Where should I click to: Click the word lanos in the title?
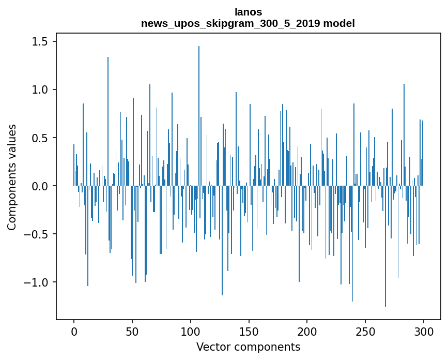pos(248,12)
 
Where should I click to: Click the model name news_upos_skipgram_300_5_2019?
pos(230,23)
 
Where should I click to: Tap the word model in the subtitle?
pos(339,23)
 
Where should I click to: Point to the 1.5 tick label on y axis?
pos(40,42)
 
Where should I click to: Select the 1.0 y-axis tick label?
pos(40,90)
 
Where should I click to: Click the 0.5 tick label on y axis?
pos(40,138)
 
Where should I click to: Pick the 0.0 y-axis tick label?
pos(40,186)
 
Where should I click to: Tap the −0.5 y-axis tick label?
pos(36,234)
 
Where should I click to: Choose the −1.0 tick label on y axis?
pos(36,282)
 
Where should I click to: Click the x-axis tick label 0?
pos(74,332)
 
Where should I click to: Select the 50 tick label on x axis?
pos(132,332)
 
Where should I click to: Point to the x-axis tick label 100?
pos(191,332)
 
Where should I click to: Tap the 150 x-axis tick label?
pos(249,332)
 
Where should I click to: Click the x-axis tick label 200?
pos(307,332)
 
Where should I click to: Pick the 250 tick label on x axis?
pos(365,332)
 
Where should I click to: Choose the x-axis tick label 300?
pos(424,332)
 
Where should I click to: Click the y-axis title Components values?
pos(12,177)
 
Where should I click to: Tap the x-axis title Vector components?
pos(248,347)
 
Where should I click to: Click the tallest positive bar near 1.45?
pos(199,116)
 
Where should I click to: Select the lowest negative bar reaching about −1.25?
pos(385,246)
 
